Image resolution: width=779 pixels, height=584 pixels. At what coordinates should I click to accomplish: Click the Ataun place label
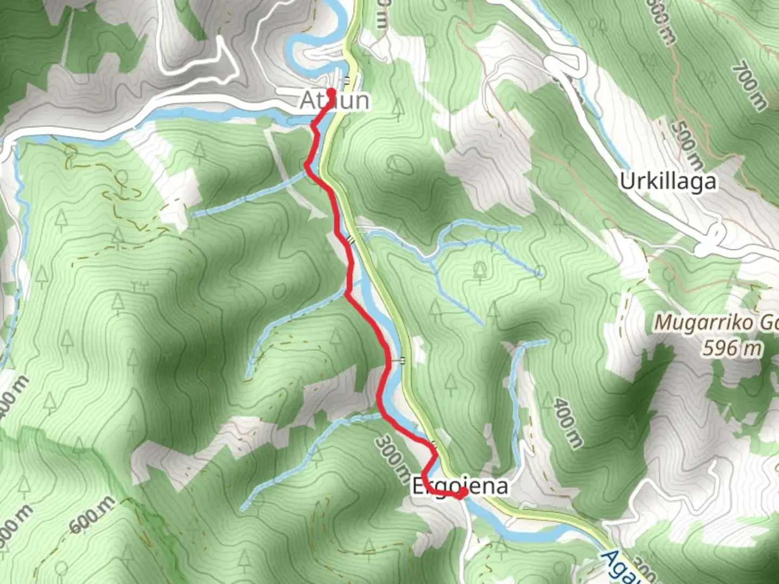[335, 101]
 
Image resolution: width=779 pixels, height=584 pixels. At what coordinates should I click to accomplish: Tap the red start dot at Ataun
[331, 92]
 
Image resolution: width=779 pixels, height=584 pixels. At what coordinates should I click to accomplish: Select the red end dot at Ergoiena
[464, 492]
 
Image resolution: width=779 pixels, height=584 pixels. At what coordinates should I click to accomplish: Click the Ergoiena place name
[460, 486]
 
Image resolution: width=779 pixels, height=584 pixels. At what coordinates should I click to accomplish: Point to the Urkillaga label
[668, 182]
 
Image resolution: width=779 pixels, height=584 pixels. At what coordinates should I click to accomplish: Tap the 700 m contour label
[750, 87]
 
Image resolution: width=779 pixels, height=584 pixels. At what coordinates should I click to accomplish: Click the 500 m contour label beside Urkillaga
[688, 144]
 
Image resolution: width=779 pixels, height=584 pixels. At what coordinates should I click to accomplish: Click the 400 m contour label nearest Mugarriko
[567, 423]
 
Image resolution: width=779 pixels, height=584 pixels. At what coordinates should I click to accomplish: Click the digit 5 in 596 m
[709, 348]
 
